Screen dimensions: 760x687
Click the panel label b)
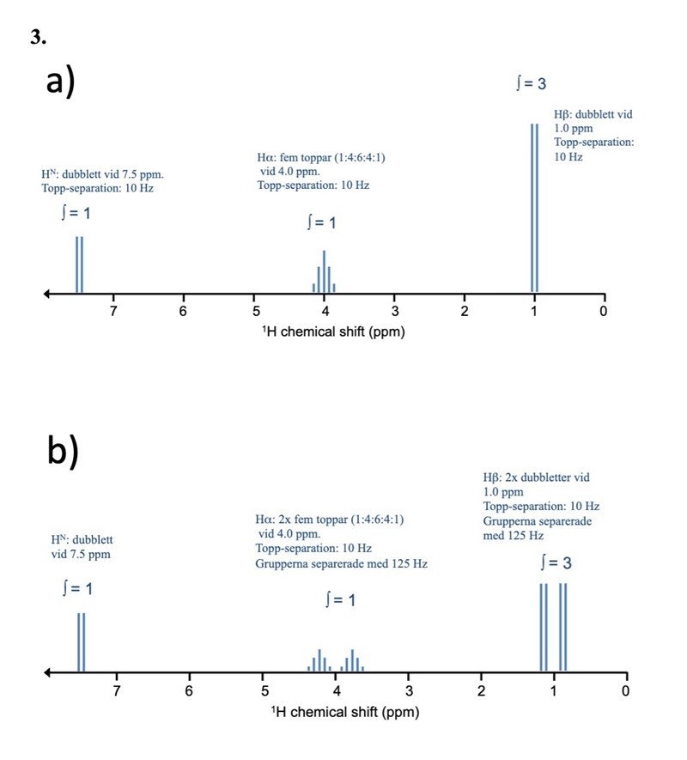click(x=62, y=453)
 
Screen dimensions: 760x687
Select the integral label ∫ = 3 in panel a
click(x=530, y=83)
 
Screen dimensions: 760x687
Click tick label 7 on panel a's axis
click(x=112, y=311)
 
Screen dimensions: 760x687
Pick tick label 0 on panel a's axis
click(x=604, y=311)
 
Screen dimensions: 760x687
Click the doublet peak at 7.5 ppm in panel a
click(x=79, y=264)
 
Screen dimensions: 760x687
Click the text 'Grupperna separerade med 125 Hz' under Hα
click(x=341, y=564)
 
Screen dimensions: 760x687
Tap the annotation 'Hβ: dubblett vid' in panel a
click(x=593, y=114)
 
